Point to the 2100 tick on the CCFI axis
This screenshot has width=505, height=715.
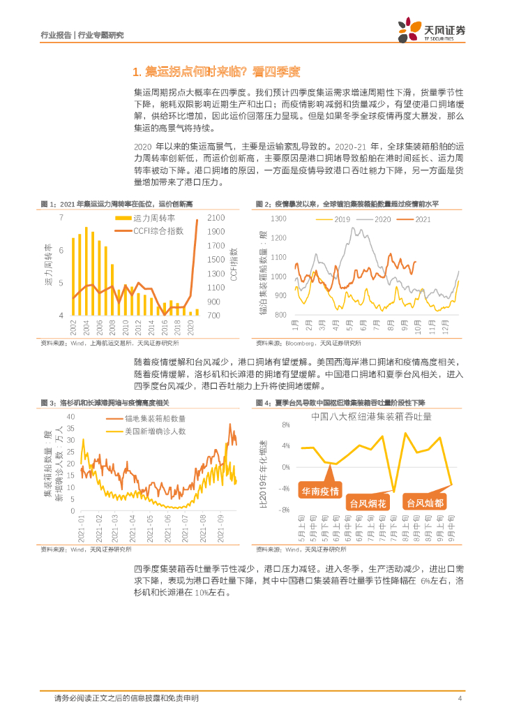(x=215, y=217)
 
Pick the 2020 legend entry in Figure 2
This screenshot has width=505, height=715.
(x=382, y=219)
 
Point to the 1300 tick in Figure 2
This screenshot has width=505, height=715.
(x=278, y=219)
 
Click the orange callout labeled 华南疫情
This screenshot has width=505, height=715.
(x=320, y=492)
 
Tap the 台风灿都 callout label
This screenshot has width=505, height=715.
(x=425, y=503)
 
